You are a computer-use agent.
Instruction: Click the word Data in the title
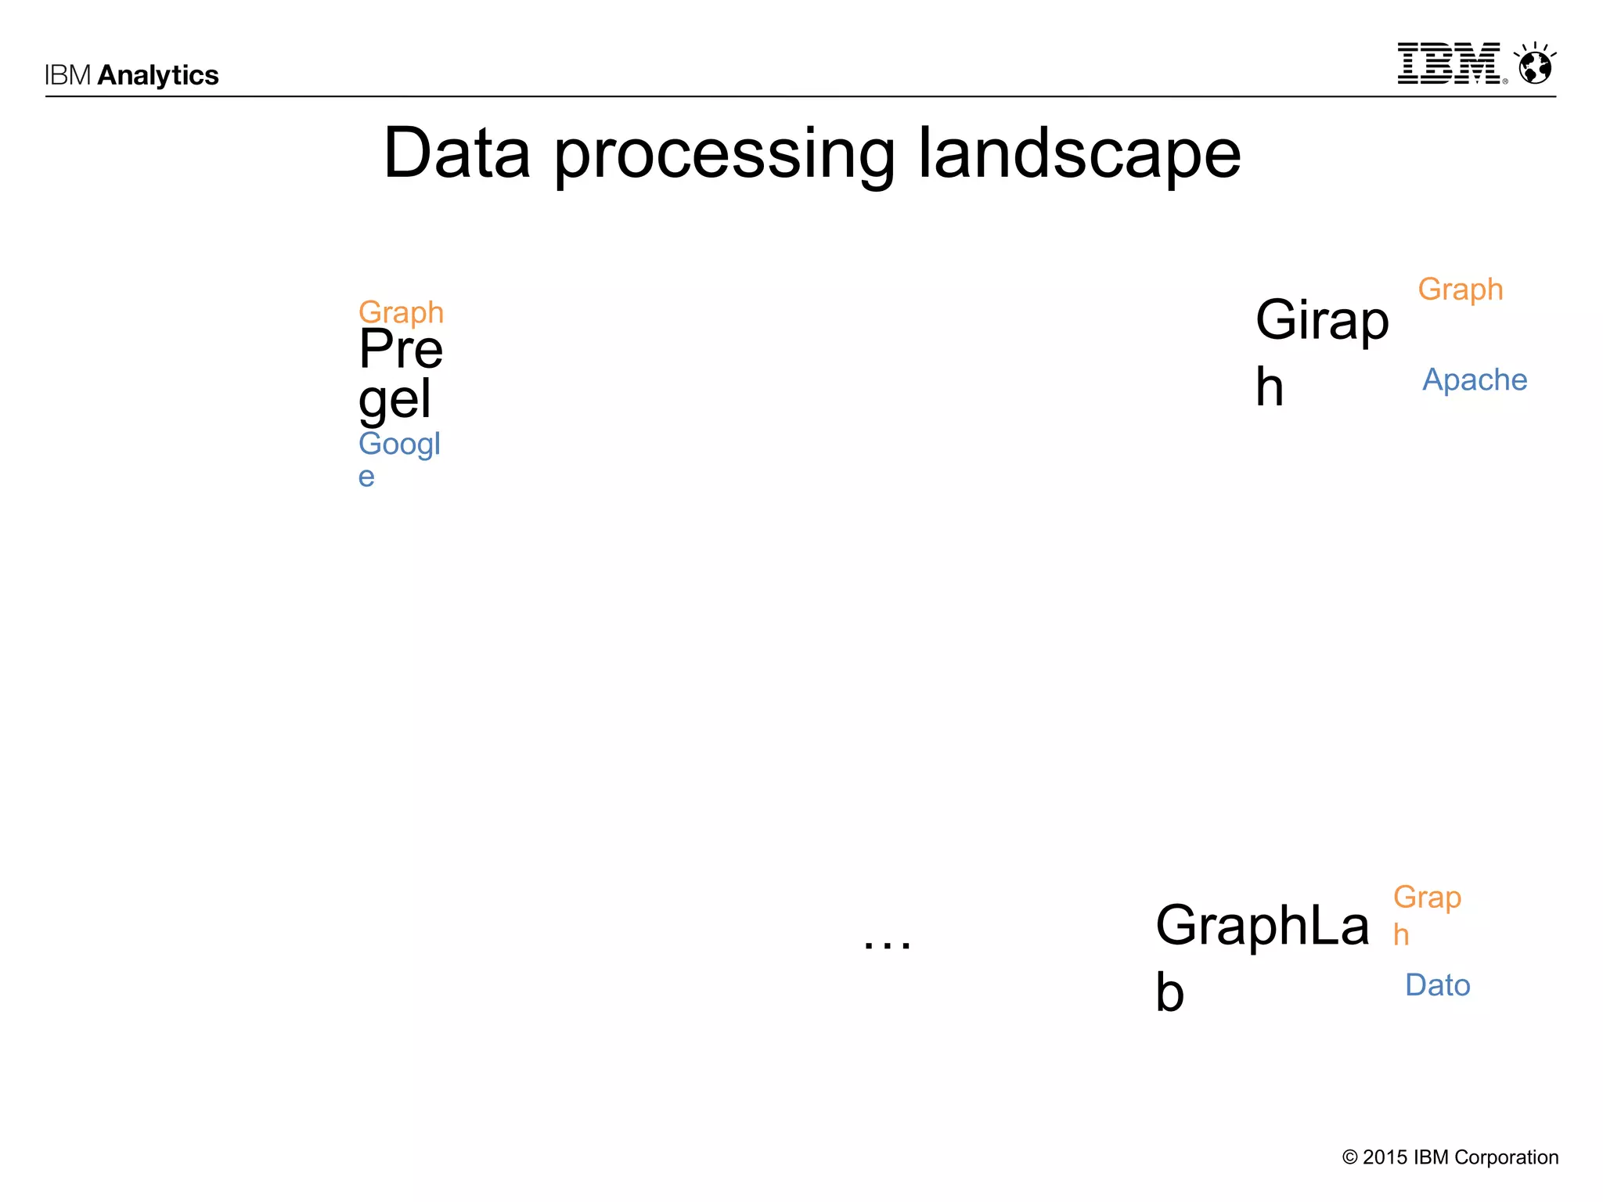point(457,153)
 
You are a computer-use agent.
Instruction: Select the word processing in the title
point(724,157)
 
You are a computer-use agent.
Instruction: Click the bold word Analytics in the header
point(158,75)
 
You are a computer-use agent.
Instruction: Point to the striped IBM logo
point(1450,63)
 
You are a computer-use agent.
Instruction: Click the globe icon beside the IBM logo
point(1535,64)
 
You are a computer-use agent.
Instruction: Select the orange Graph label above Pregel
point(401,312)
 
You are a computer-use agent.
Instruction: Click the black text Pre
point(401,349)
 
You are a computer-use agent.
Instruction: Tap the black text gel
point(394,399)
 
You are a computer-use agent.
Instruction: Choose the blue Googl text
point(399,444)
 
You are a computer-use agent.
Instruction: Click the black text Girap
point(1322,320)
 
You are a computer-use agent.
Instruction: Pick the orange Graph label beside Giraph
point(1461,290)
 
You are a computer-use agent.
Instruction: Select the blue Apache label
point(1475,380)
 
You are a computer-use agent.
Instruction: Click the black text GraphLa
point(1263,925)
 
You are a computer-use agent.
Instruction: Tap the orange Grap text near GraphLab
point(1427,897)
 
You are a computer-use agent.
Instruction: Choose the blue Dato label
point(1438,985)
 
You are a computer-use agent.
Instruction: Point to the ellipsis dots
point(887,944)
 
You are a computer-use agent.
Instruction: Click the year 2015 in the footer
point(1385,1157)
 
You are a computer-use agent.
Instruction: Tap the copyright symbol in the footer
point(1350,1157)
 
